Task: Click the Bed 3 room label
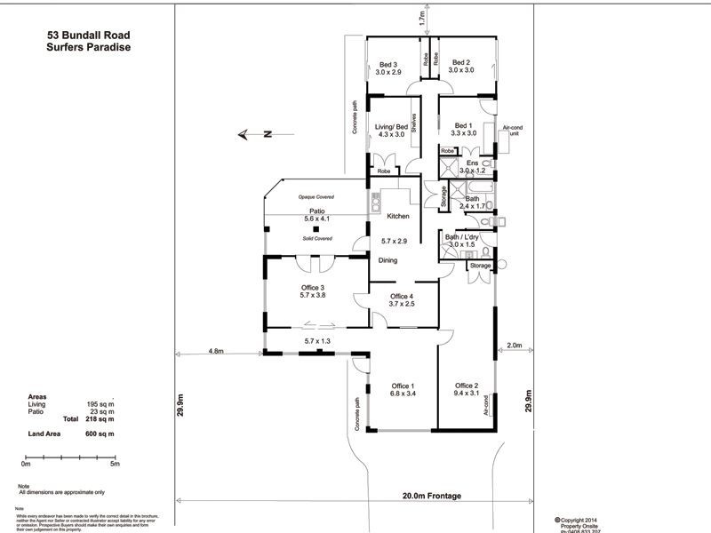click(x=387, y=64)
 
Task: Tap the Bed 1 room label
click(x=463, y=126)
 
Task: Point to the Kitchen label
click(x=396, y=217)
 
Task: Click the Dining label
click(x=388, y=260)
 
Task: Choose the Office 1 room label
click(x=403, y=386)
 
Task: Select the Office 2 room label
click(x=467, y=386)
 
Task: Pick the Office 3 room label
click(x=312, y=288)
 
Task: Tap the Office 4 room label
click(x=402, y=297)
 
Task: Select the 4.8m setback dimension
click(x=217, y=351)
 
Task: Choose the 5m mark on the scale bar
click(x=115, y=463)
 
